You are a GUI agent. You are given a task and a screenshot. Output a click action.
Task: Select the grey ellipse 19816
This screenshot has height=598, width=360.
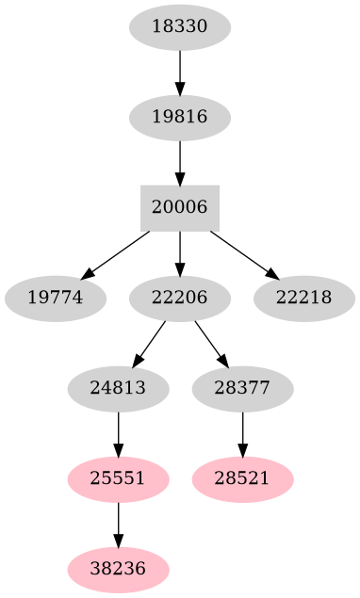179,118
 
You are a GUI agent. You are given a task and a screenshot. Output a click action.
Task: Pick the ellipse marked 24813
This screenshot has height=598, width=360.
118,388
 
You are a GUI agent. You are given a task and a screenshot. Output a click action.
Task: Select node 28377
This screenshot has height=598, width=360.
242,388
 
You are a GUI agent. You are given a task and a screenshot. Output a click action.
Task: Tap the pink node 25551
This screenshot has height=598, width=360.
118,478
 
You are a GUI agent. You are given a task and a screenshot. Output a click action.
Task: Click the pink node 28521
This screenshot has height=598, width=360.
242,478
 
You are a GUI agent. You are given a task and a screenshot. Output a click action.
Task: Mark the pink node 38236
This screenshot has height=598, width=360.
118,569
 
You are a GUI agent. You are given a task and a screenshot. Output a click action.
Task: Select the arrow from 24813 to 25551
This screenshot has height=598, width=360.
118,433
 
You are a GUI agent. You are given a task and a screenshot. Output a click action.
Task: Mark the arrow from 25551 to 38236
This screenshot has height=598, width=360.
118,524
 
